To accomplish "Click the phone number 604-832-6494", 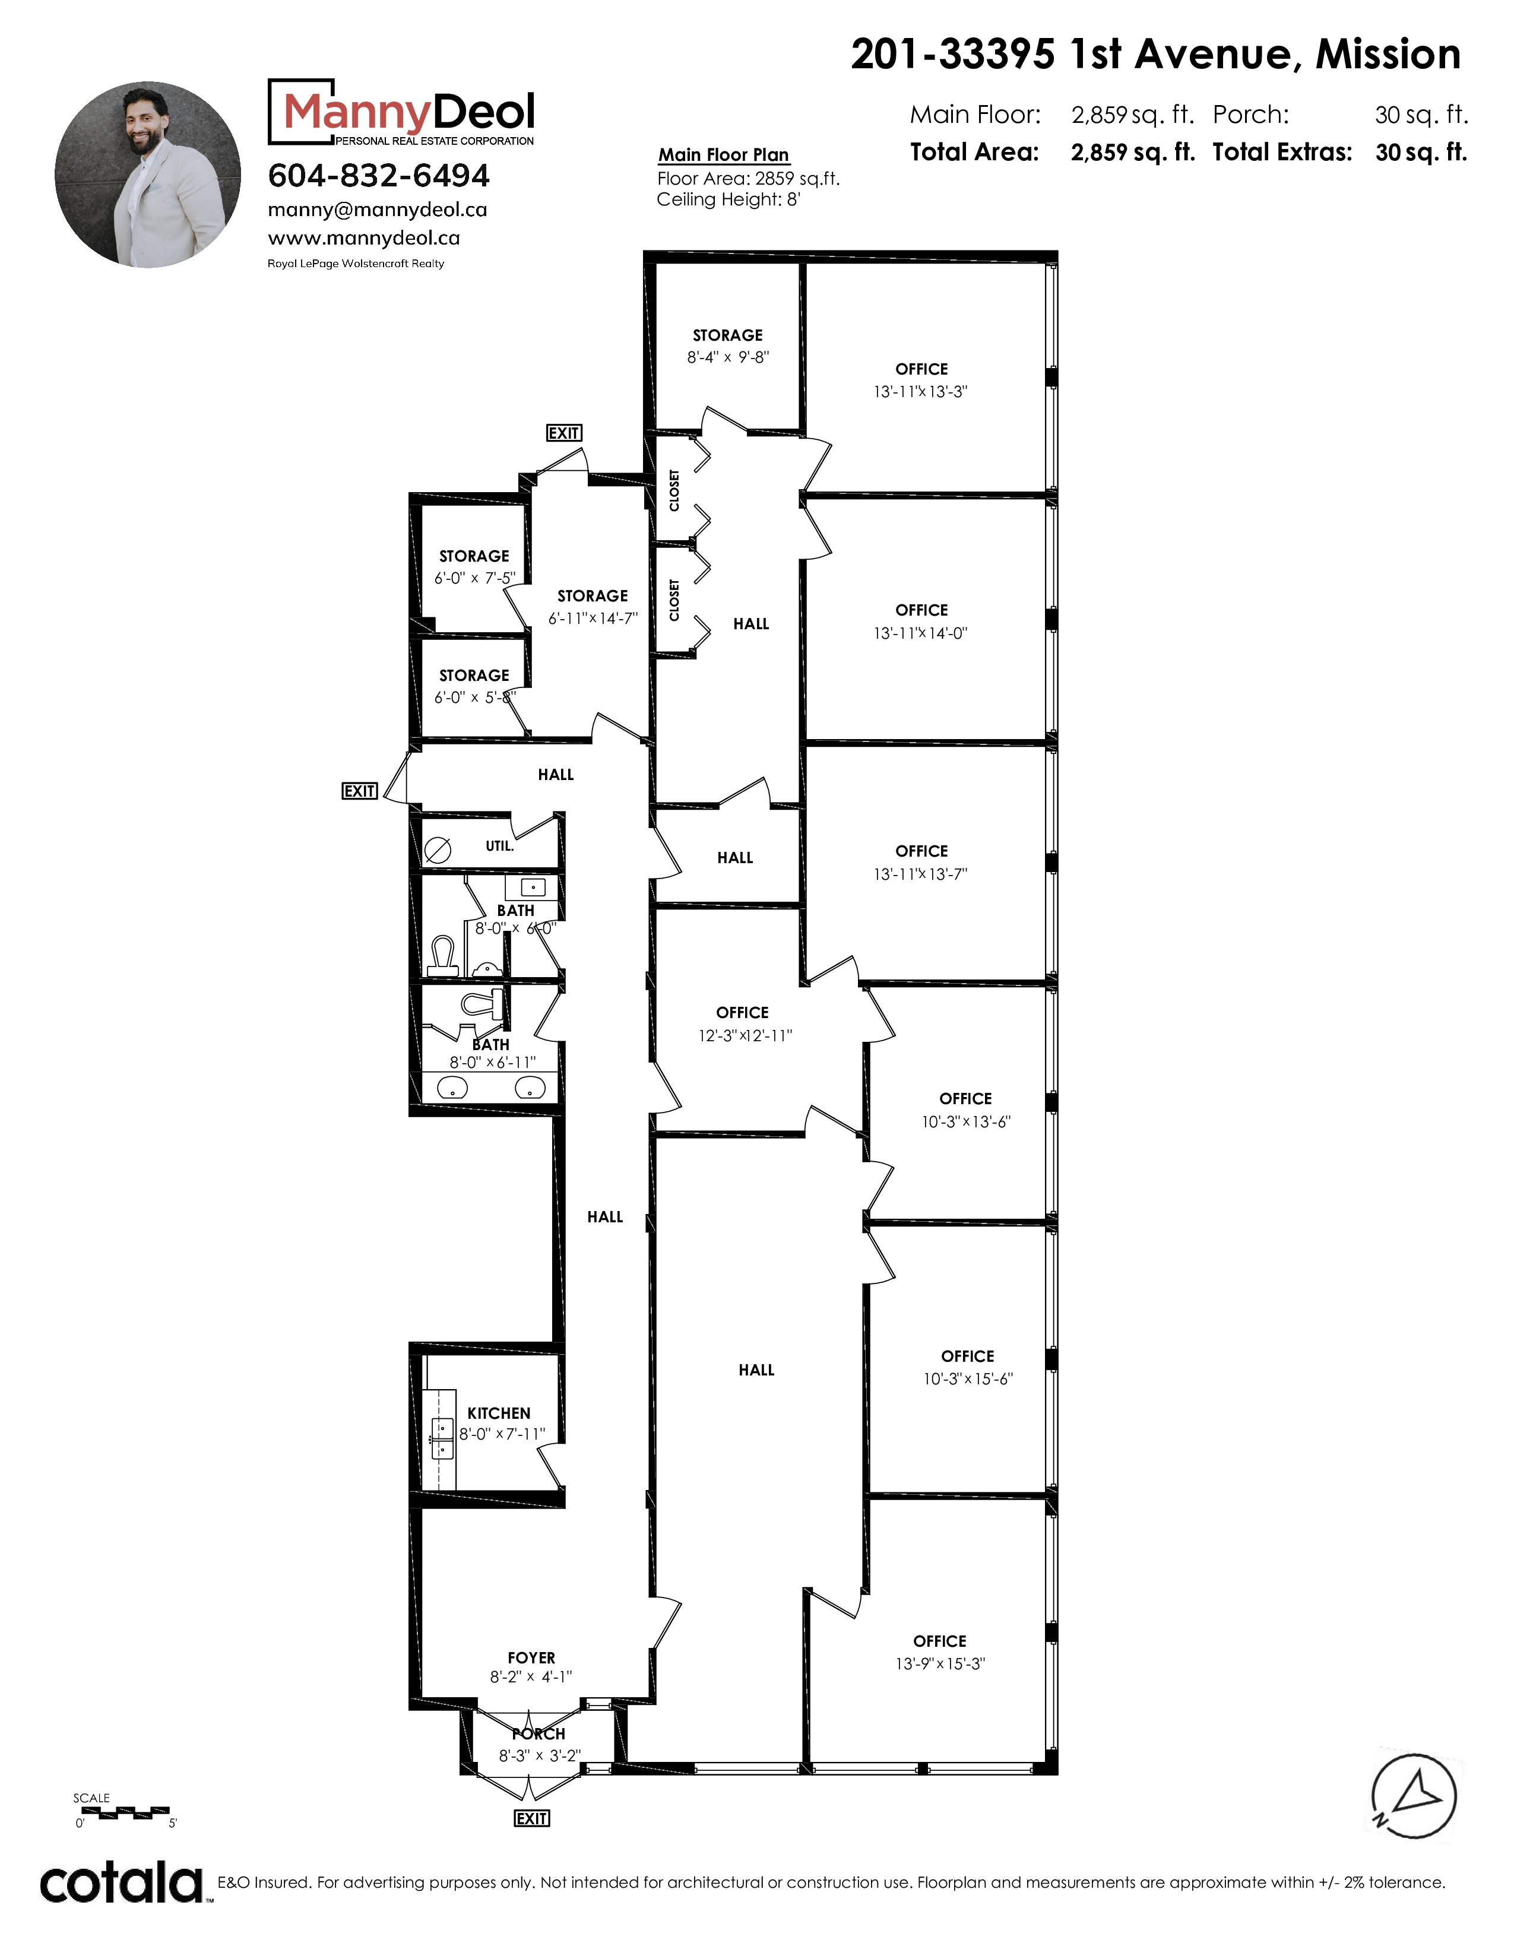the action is pos(379,176).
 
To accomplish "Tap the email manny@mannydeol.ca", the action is pos(378,210).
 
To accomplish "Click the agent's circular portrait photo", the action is pos(148,175).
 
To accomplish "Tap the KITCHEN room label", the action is pos(499,1413).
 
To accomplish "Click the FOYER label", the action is pos(531,1657).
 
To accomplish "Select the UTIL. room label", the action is pos(499,846).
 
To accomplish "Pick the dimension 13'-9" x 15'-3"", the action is pos(940,1663).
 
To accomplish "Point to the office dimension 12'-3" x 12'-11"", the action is pos(745,1035).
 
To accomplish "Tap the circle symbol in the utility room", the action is pos(438,848).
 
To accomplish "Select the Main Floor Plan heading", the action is pos(724,154).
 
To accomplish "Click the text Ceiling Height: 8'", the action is pos(729,199).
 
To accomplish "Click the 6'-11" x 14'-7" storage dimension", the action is pos(593,618).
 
